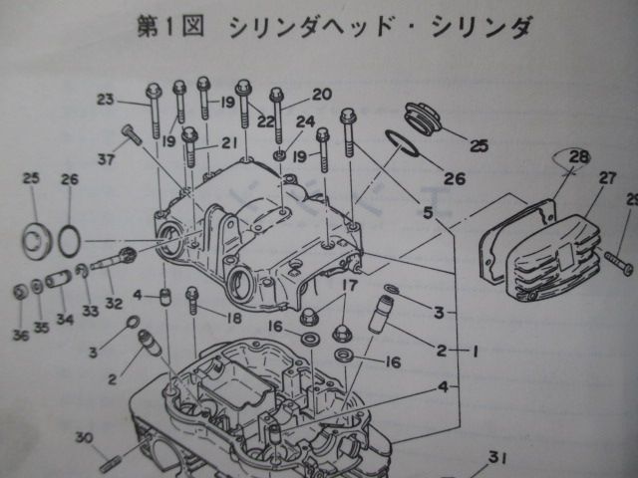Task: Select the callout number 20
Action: (320, 95)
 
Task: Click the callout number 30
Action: (84, 437)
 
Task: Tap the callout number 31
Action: (497, 459)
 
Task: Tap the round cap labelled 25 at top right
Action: (426, 116)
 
